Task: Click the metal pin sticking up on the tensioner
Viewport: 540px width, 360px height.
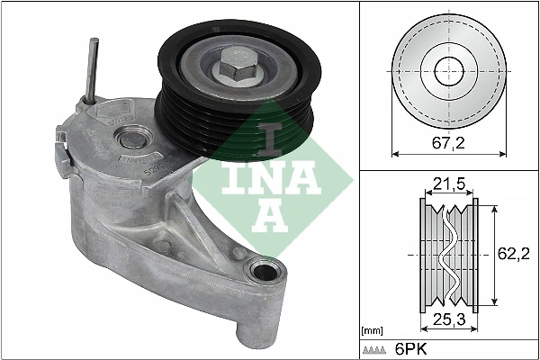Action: click(x=92, y=67)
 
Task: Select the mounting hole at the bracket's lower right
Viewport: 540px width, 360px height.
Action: click(x=264, y=271)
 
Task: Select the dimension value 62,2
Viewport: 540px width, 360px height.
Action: click(x=512, y=255)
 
